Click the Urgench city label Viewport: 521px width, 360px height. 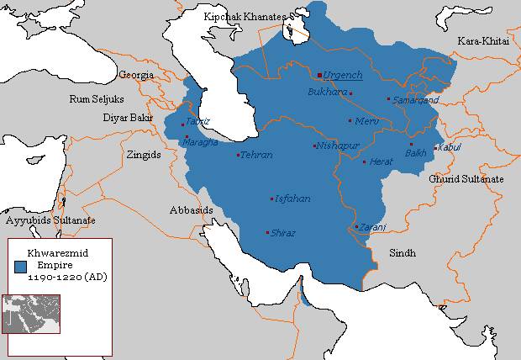point(343,75)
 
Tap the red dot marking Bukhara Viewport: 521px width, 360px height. point(351,93)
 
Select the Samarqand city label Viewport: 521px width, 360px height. point(415,100)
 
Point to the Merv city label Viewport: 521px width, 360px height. point(367,121)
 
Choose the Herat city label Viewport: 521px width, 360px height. point(382,161)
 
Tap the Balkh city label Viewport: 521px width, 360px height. point(416,153)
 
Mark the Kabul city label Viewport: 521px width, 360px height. point(450,148)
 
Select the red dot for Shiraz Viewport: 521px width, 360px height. point(267,232)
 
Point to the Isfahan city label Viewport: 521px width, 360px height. point(292,199)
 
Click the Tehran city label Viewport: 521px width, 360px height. point(256,156)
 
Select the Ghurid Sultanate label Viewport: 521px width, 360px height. point(466,179)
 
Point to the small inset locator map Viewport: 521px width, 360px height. point(31,313)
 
